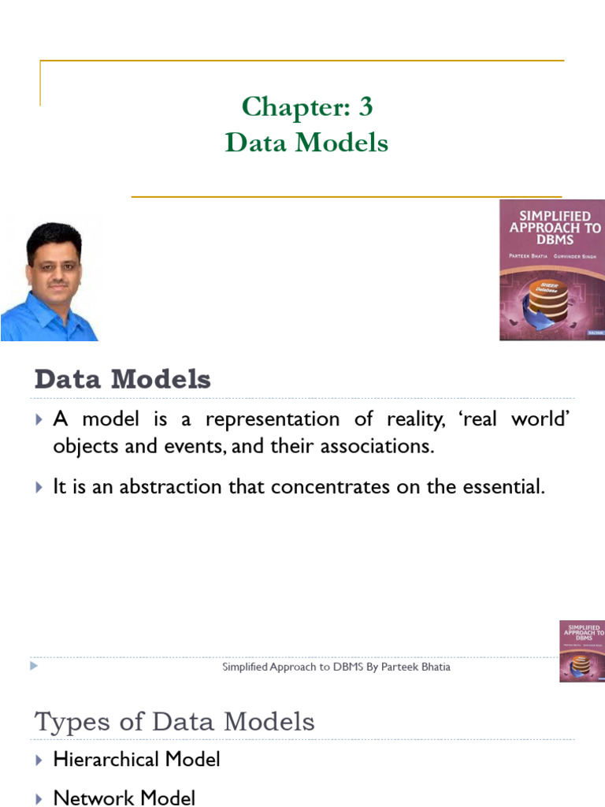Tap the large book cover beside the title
551,270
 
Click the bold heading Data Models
122,380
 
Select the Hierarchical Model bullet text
136,760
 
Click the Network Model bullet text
124,798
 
